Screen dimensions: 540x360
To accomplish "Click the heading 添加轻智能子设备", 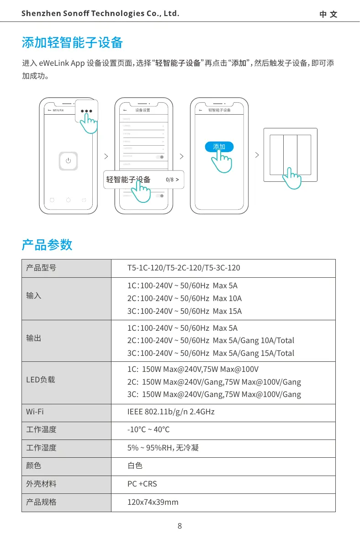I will (x=73, y=43).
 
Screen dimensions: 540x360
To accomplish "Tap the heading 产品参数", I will (x=47, y=245).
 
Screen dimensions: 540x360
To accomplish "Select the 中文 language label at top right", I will (x=328, y=14).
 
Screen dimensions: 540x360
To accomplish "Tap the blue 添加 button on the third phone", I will (x=219, y=147).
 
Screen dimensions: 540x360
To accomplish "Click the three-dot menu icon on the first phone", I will (x=87, y=111).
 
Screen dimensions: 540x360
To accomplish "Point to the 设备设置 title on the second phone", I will (x=143, y=111).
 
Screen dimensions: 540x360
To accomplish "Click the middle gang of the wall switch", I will (x=291, y=155).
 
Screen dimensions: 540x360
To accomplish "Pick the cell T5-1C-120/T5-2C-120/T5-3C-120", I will (x=184, y=268).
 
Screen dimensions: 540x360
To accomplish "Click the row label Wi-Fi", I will (x=35, y=412).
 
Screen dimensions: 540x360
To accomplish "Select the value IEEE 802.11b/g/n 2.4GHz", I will (x=171, y=412).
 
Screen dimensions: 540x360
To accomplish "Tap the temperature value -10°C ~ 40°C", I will (x=148, y=429).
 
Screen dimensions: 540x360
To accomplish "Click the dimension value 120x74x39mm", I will (x=153, y=502).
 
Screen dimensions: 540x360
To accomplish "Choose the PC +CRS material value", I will (x=142, y=484).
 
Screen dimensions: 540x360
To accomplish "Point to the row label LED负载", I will (x=41, y=379).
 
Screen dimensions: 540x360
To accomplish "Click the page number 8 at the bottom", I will (x=180, y=526).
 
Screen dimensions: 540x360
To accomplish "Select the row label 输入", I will (x=34, y=296).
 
